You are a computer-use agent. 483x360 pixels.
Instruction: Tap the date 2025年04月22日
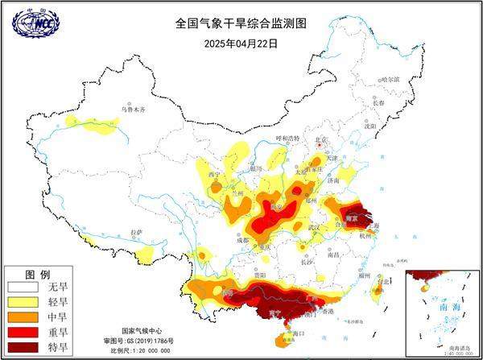pos(241,43)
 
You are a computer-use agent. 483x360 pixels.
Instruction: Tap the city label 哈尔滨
pos(390,80)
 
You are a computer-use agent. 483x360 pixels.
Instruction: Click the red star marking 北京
pos(322,146)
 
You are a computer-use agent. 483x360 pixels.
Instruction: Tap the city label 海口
pos(300,333)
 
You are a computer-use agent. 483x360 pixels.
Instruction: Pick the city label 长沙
pos(307,262)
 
